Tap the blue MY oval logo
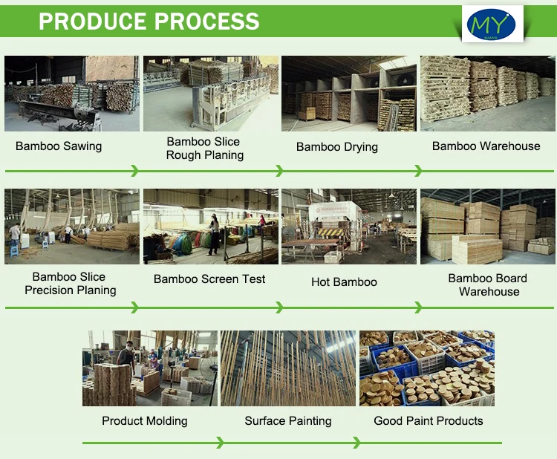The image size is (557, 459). (492, 25)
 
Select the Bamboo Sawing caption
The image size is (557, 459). (59, 146)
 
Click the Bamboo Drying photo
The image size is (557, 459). (349, 94)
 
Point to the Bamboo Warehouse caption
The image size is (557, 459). (486, 146)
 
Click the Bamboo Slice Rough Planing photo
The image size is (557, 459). (211, 94)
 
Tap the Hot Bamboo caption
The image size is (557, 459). (344, 282)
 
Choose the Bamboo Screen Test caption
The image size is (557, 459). (209, 279)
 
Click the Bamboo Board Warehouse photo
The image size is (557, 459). (488, 227)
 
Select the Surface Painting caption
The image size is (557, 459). (287, 421)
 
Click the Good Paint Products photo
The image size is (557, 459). (427, 368)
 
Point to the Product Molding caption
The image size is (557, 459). (145, 421)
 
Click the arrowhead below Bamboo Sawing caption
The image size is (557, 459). (134, 171)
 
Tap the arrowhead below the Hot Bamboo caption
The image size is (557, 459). (418, 307)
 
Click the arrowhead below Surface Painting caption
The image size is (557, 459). (357, 443)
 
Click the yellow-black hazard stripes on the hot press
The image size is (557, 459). (330, 232)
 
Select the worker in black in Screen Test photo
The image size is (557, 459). (214, 235)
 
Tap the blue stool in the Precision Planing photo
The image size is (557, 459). (14, 251)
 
